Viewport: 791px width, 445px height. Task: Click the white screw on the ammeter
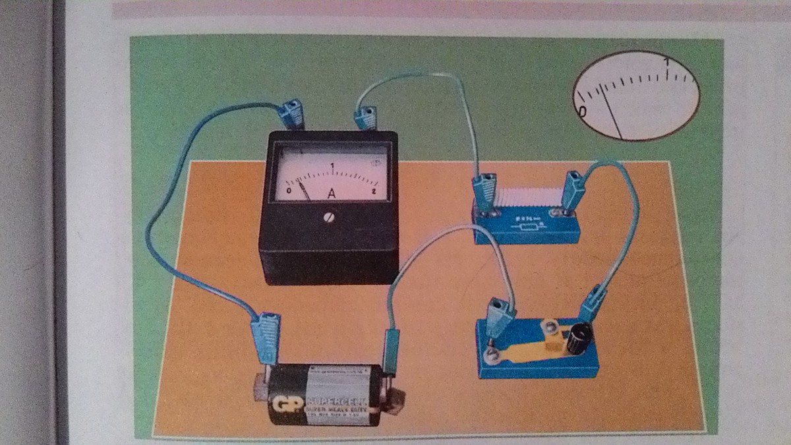[329, 217]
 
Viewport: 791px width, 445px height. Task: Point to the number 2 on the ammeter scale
[374, 191]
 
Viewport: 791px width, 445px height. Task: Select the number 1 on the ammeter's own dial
[333, 165]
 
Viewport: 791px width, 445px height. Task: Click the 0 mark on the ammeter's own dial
[289, 191]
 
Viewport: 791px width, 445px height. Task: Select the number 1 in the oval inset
[668, 63]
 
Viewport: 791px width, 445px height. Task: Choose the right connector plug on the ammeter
[365, 118]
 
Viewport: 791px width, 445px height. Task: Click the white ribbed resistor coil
[528, 197]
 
